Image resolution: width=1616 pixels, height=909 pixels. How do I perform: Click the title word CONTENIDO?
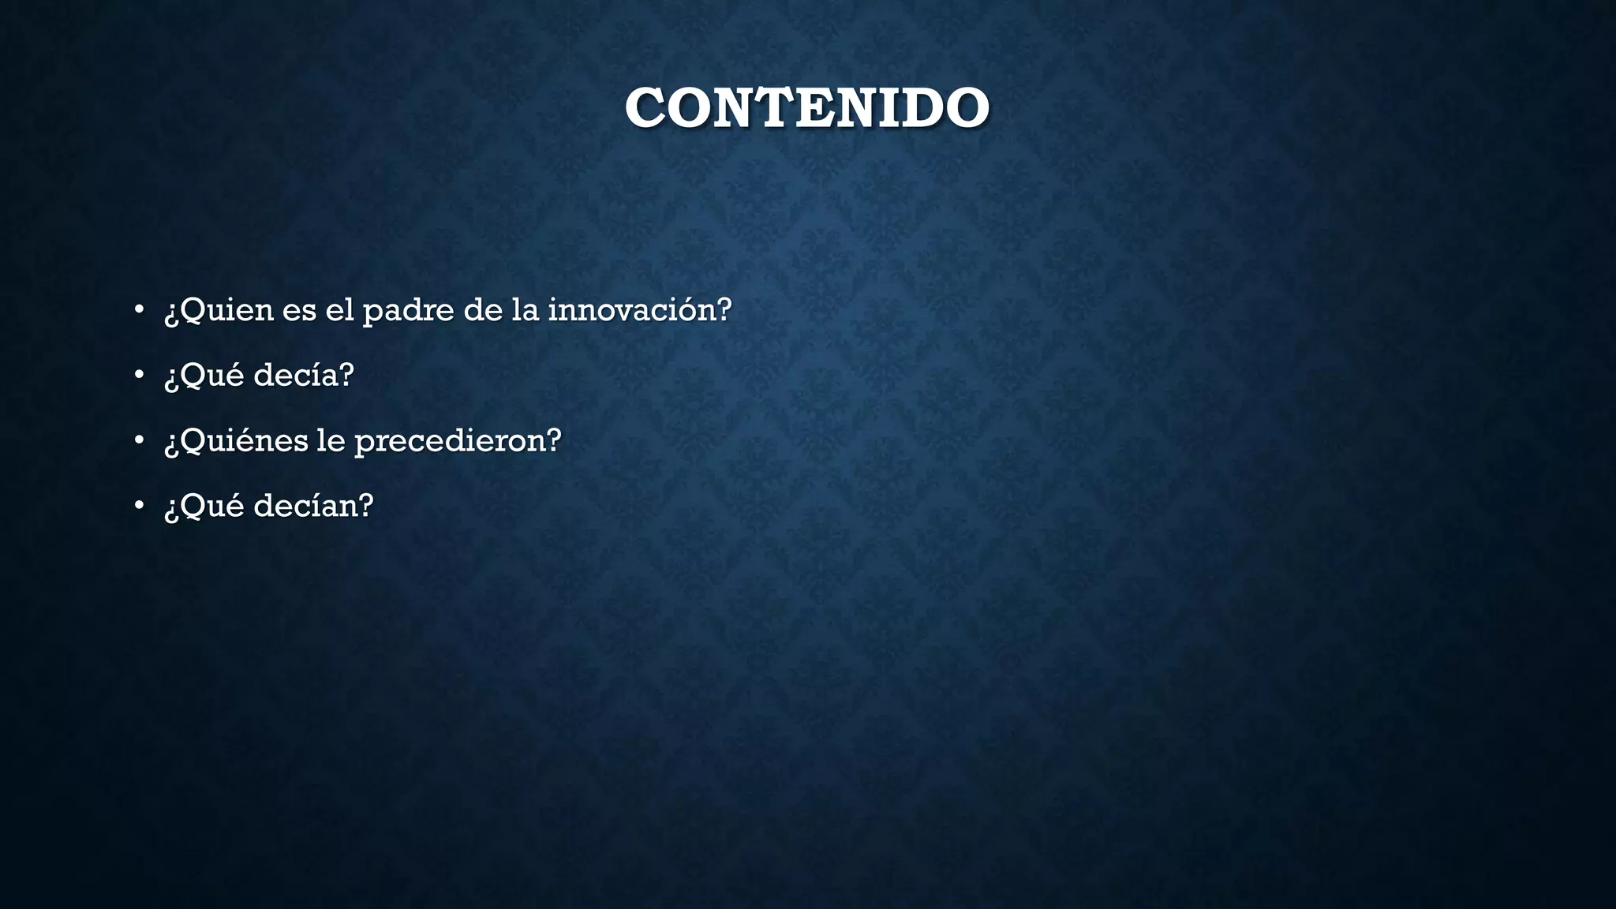tap(806, 108)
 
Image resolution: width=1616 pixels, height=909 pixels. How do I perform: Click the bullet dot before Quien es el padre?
tap(139, 309)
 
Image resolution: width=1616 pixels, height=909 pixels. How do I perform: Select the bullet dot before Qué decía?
tap(139, 375)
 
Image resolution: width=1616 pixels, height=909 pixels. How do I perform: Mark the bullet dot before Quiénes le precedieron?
tap(139, 440)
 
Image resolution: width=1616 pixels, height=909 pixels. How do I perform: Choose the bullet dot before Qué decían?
tap(139, 506)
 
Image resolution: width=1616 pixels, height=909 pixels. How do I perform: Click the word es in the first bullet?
tap(299, 310)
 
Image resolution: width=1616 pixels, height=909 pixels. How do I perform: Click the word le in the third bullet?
tap(331, 440)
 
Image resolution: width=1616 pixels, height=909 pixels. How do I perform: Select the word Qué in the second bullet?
tap(213, 375)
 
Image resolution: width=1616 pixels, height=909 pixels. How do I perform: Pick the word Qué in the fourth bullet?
tap(213, 506)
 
